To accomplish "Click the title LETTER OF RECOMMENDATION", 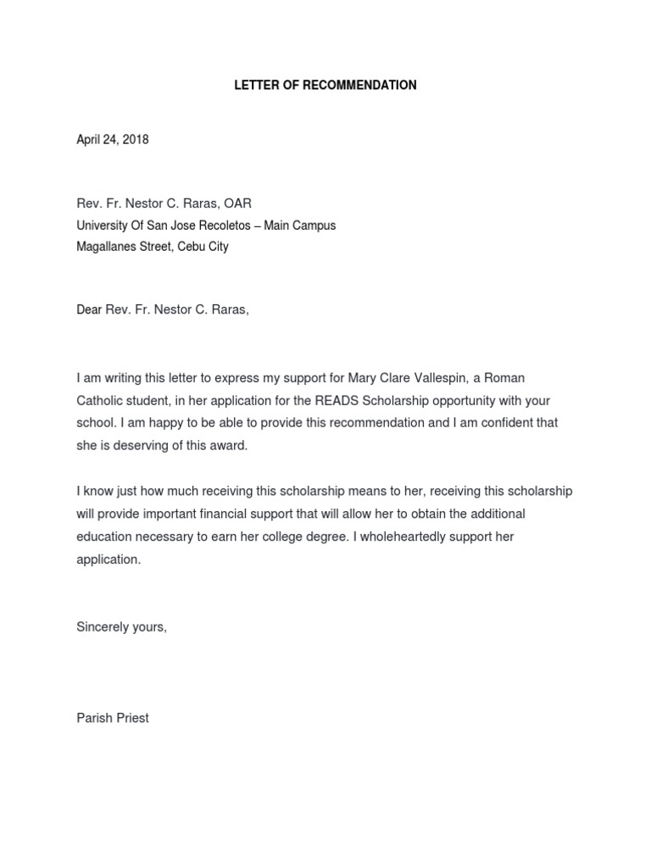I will pos(325,86).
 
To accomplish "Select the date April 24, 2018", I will pos(112,140).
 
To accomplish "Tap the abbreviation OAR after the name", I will pos(237,203).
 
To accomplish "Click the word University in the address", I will pos(103,225).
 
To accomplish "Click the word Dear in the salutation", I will pos(90,310).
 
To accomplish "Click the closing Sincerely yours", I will pos(122,627).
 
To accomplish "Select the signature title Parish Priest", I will pos(113,718).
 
